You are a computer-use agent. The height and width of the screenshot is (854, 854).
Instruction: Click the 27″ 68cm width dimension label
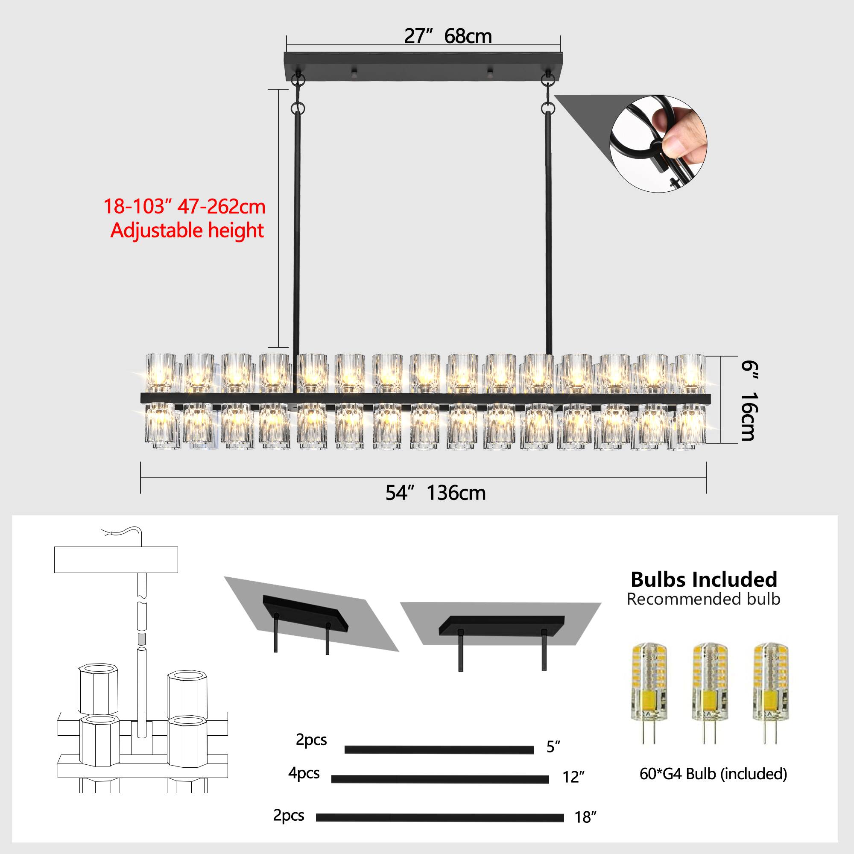click(447, 36)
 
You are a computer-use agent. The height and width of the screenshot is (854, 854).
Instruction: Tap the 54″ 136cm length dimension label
click(436, 493)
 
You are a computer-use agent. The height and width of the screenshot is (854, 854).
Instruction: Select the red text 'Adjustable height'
click(187, 231)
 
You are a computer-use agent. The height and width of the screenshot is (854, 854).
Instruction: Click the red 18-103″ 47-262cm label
click(184, 206)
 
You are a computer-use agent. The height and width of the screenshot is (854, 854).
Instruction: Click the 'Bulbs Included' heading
click(704, 579)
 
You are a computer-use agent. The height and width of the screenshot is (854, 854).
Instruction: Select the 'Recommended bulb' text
click(703, 600)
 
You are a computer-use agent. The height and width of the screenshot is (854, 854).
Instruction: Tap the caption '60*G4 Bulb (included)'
click(713, 749)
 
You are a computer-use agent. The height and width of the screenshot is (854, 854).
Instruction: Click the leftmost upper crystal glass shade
click(161, 373)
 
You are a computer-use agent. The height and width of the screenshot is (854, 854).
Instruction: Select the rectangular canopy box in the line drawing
click(116, 560)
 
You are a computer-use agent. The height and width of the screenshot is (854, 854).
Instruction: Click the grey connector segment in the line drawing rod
click(141, 639)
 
